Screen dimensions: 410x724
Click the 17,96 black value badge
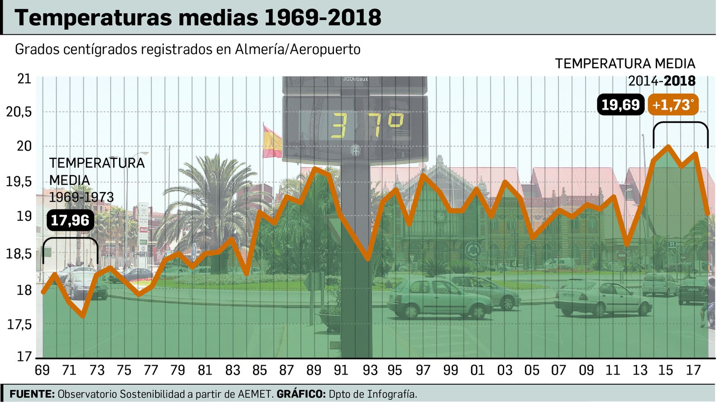pos(70,221)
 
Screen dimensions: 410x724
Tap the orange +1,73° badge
pos(673,105)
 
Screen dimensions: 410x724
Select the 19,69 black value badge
pos(620,105)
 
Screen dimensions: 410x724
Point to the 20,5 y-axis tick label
pos(19,112)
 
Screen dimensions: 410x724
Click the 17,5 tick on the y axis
pos(19,324)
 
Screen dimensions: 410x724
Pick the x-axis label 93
pos(370,371)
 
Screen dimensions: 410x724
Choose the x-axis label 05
pos(532,371)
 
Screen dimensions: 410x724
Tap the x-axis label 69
pos(42,371)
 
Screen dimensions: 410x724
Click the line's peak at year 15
pos(668,147)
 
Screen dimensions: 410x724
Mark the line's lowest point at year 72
pos(83,316)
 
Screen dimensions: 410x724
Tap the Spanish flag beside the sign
pos(272,141)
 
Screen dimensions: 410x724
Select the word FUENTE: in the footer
pos(32,394)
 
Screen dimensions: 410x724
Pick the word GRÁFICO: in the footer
pos(301,394)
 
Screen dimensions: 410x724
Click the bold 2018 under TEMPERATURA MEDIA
pos(680,81)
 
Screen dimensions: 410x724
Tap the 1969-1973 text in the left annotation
pos(81,198)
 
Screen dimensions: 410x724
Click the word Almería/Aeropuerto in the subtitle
pos(297,49)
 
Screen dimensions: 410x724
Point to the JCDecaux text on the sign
pos(355,79)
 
